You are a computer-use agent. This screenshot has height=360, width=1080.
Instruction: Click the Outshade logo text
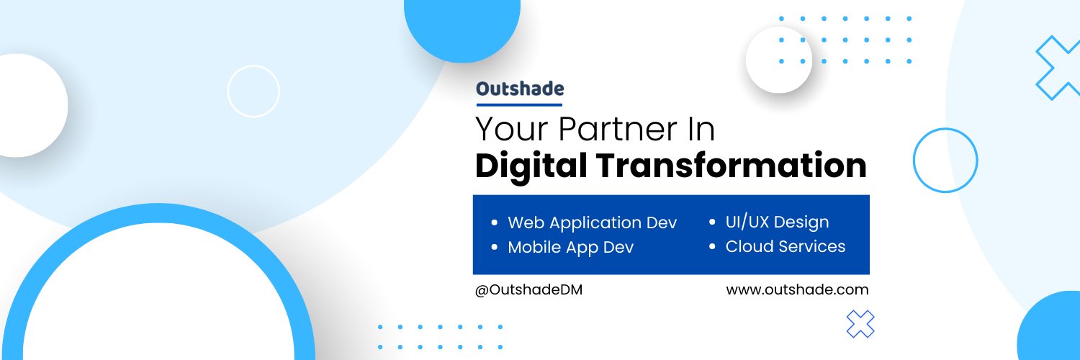pos(520,89)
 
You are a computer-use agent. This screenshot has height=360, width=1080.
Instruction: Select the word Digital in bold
pos(528,166)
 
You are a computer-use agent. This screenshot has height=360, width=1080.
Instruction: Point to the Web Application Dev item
pos(592,222)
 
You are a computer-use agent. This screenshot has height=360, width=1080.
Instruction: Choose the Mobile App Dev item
pos(570,247)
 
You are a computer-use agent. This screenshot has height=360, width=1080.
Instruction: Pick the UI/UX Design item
pos(777,222)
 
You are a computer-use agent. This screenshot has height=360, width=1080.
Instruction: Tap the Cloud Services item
pos(785,246)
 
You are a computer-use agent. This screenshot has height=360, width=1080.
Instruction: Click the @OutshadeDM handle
pos(528,290)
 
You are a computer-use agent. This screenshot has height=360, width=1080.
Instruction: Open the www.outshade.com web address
pos(797,289)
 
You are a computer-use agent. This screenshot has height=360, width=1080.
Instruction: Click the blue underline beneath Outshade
pos(519,104)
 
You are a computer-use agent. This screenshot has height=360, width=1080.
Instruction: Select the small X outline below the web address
pos(860,324)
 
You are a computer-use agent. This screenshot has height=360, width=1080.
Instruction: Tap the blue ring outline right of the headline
pos(945,160)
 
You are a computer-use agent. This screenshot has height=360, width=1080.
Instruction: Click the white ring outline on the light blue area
pos(253,91)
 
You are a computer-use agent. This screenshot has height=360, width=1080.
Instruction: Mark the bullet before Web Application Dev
pos(494,223)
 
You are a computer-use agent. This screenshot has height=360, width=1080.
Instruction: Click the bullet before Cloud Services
pos(712,247)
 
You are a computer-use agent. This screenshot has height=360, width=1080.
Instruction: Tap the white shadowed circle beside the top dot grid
pos(779,60)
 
